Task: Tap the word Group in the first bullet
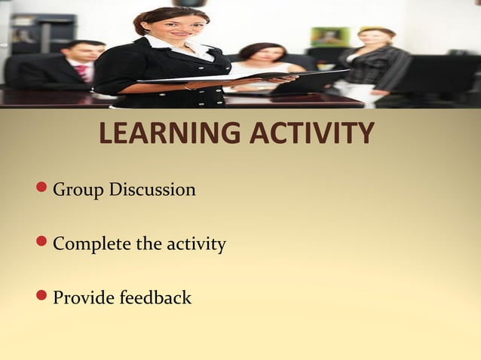[x=78, y=190]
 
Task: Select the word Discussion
[x=152, y=189]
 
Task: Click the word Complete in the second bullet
[x=91, y=244]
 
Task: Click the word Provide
[x=82, y=298]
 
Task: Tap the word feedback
[x=155, y=297]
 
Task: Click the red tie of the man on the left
[x=81, y=72]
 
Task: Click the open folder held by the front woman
[x=249, y=76]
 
